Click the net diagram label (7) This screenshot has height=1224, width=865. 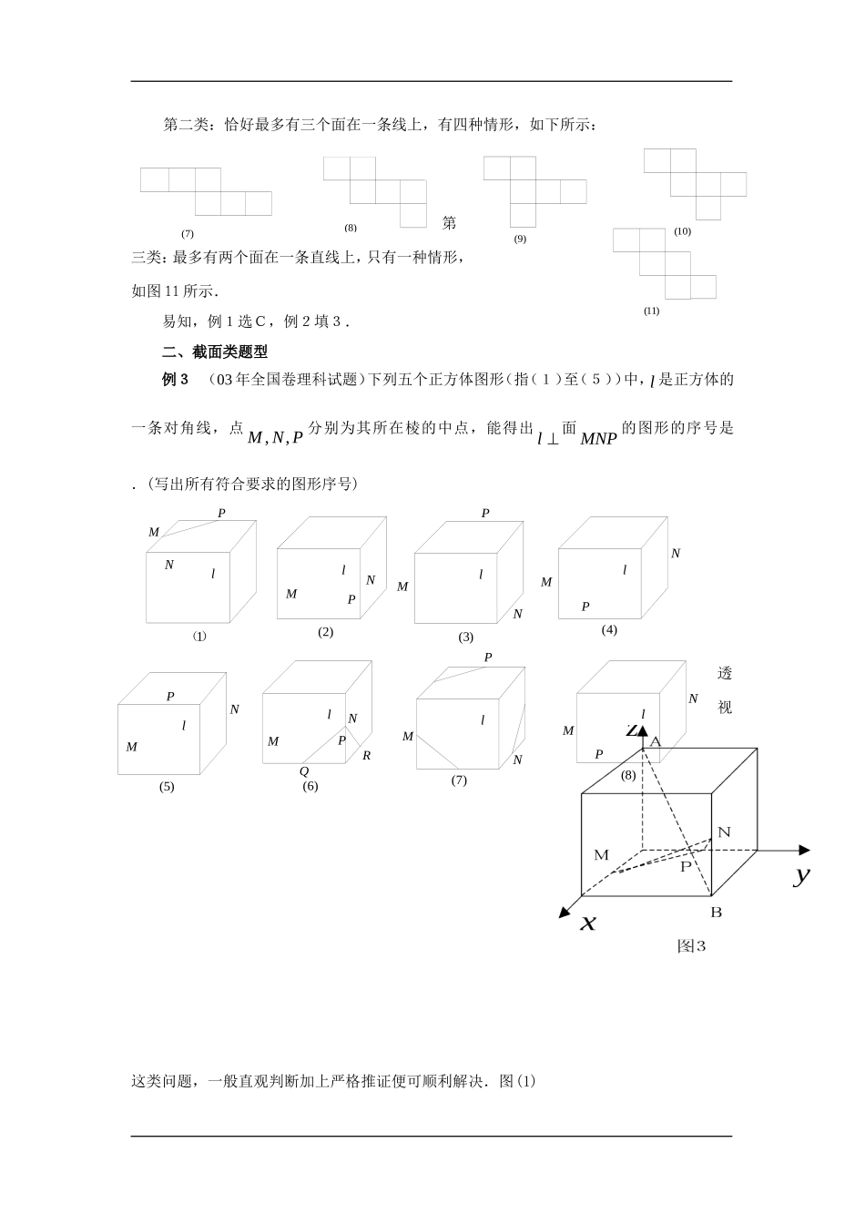[188, 234]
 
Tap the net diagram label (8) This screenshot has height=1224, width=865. [351, 228]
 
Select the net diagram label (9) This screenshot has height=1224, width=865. [519, 240]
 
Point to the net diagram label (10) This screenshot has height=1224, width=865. [682, 231]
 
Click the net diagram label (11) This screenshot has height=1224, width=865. [651, 311]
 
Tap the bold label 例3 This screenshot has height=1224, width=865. [175, 380]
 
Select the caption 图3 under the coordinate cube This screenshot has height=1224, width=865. [692, 946]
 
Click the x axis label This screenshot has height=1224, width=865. [588, 923]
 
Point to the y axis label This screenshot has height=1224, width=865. [801, 875]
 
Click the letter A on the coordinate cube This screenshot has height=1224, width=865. [654, 742]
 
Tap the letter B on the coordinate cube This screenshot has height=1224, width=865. [716, 912]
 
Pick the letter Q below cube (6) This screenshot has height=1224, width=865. [304, 771]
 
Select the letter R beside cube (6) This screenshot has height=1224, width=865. [366, 755]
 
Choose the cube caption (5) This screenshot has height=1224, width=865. [166, 787]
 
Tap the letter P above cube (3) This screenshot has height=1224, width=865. [485, 514]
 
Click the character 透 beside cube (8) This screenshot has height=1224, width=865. [725, 675]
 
